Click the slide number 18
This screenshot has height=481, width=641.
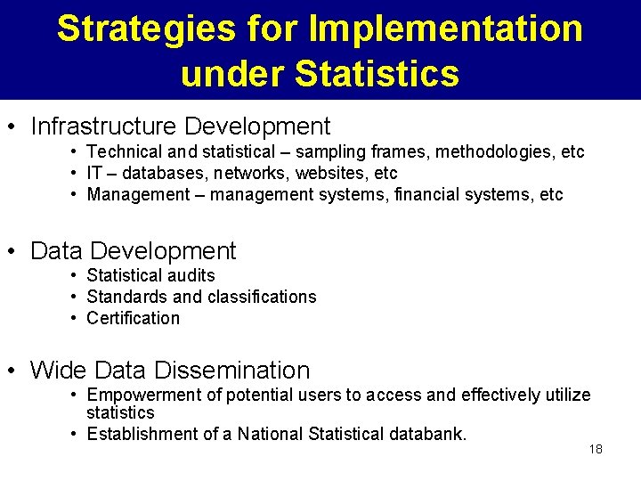[x=596, y=449]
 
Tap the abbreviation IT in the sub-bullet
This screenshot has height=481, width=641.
[x=95, y=173]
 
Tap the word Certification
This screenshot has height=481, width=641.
[x=133, y=318]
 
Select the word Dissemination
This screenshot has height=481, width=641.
[x=232, y=370]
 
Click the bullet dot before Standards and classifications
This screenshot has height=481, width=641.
[x=77, y=297]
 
